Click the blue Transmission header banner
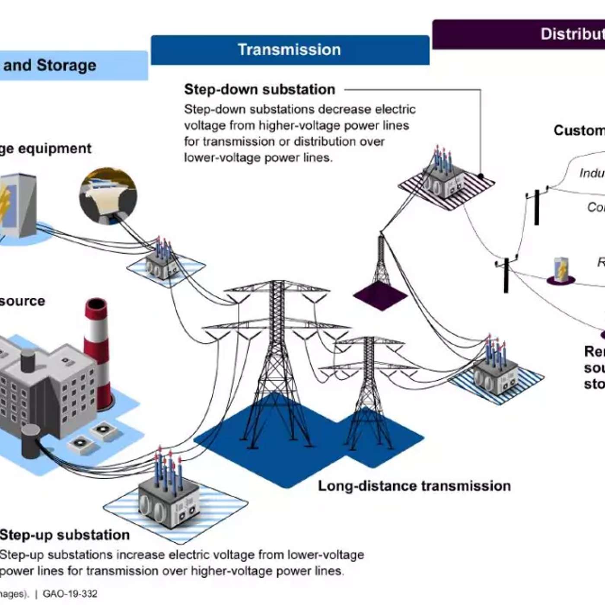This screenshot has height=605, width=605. click(x=290, y=50)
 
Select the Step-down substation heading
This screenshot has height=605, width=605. click(x=259, y=89)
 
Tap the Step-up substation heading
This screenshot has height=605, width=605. click(x=65, y=535)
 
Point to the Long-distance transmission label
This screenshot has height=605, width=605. click(x=414, y=486)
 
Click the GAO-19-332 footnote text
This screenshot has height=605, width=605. click(x=70, y=594)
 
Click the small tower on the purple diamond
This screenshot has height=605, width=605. click(x=381, y=264)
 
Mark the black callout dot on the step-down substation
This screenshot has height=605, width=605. click(x=481, y=176)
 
